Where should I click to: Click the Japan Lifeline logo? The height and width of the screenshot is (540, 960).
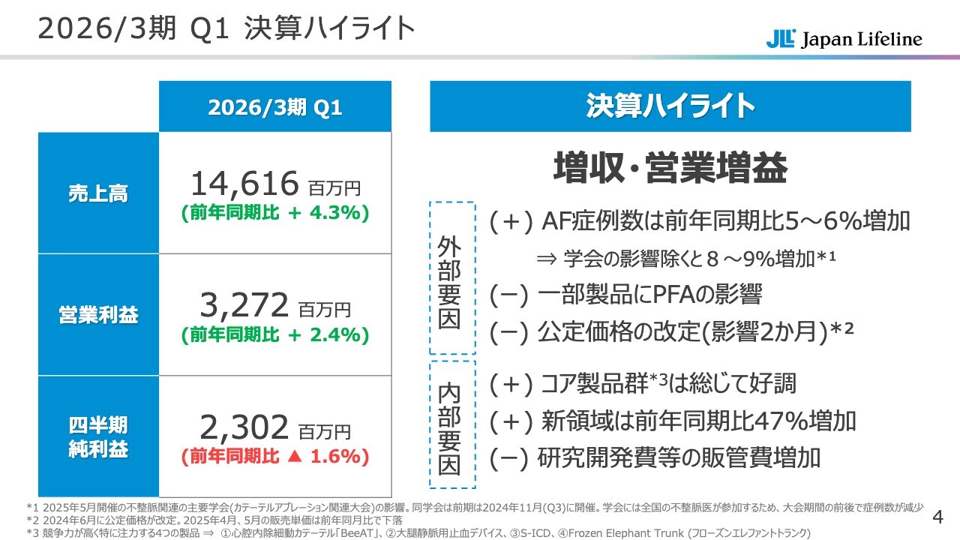coord(844,39)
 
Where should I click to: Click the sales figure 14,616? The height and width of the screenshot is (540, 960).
coord(244,183)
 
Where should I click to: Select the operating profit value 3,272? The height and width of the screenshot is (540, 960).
coord(244,305)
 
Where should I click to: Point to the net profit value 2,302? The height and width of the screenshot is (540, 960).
coord(244,427)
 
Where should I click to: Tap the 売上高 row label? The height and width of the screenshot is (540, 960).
coord(98,193)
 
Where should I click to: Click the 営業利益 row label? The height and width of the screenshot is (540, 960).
coord(98,315)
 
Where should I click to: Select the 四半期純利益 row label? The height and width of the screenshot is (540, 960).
coord(98,437)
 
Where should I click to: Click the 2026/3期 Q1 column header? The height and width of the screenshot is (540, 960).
coord(274,107)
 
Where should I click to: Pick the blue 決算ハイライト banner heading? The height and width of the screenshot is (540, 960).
coord(670,106)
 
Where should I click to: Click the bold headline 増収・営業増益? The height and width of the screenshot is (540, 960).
coord(670,168)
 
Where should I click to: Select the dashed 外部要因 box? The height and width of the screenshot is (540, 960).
coord(452,277)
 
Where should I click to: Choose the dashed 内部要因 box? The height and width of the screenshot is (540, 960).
coord(452,424)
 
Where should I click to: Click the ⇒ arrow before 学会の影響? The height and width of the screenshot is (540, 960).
coord(546,259)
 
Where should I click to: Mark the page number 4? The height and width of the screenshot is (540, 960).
coord(936,517)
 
